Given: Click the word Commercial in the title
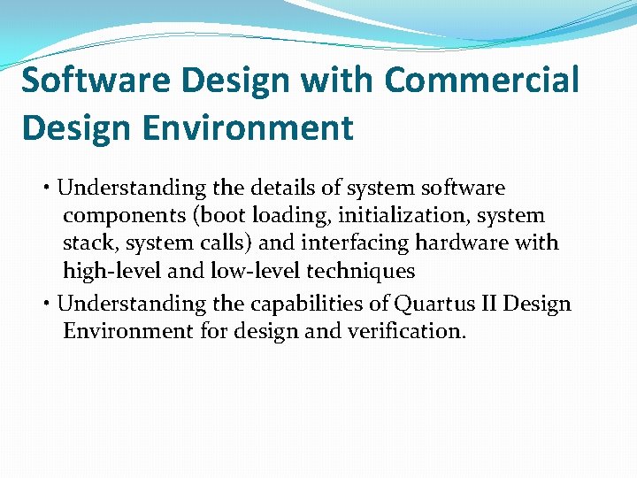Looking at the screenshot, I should [482, 80].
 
